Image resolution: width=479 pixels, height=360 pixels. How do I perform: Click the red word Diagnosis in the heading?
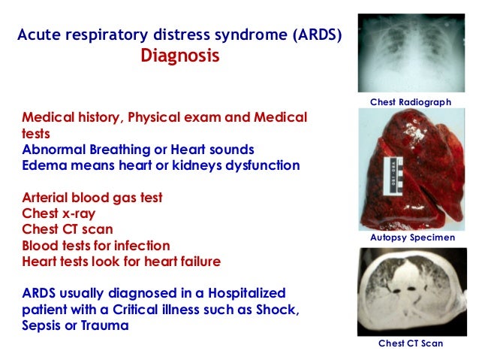point(180,57)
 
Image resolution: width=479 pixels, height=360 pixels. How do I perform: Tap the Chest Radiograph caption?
point(410,101)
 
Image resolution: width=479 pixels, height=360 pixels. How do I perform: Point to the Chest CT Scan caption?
point(410,343)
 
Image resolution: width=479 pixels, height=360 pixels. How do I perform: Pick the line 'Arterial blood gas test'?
point(92,198)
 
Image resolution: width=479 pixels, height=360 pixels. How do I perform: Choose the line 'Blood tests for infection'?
point(96,245)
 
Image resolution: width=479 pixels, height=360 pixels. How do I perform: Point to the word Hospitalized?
point(244,293)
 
